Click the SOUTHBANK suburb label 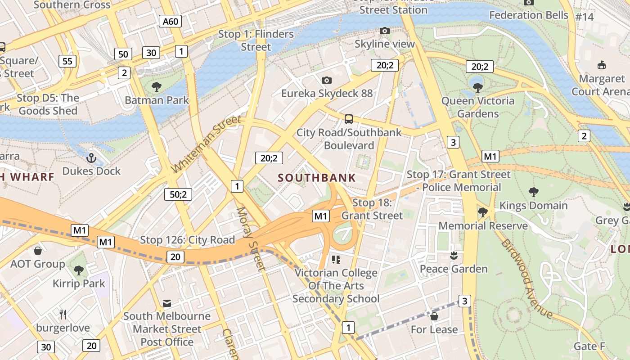click(317, 178)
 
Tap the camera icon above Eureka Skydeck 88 click(327, 80)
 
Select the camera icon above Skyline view click(384, 31)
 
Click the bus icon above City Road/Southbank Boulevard click(349, 119)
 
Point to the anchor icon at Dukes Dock click(91, 158)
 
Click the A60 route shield click(170, 21)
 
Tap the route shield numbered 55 click(67, 61)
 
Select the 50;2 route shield click(178, 194)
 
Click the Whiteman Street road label click(207, 144)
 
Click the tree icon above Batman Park click(157, 86)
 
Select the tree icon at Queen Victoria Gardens click(478, 87)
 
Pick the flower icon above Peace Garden click(454, 256)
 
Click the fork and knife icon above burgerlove click(63, 314)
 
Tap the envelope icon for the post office click(167, 303)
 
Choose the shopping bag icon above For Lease click(434, 316)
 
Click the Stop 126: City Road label click(187, 240)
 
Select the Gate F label click(589, 346)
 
